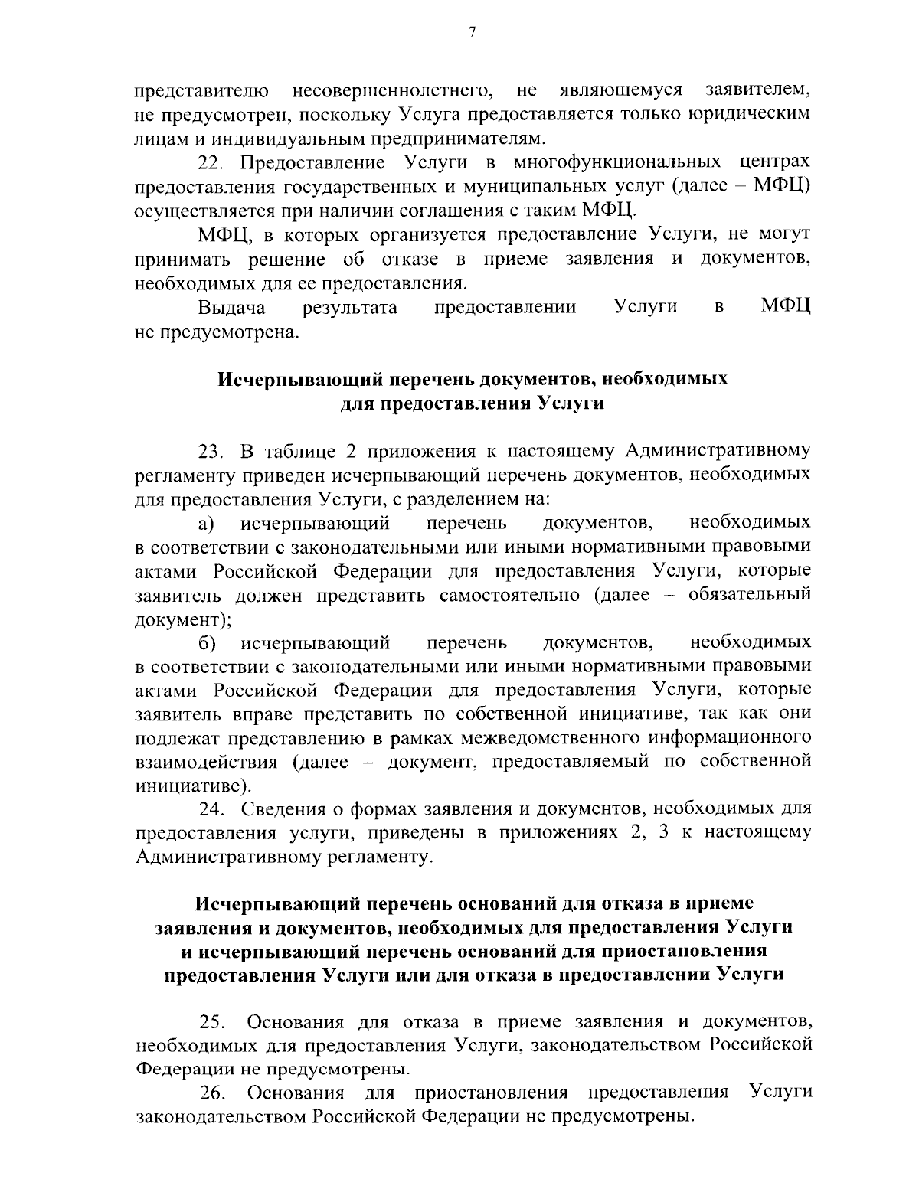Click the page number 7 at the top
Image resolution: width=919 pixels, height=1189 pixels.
(x=473, y=31)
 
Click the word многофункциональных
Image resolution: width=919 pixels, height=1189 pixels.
(x=617, y=163)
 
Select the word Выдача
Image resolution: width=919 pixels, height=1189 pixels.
(x=232, y=308)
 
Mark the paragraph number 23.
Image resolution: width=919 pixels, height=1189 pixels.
(x=212, y=450)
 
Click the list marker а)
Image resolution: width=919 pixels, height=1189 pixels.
(x=206, y=523)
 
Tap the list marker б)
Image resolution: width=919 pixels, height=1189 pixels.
(x=206, y=642)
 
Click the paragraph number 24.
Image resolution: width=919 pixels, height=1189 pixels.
(x=212, y=808)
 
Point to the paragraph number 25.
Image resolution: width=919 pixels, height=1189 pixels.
(x=212, y=1022)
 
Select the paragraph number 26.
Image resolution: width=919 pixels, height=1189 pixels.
(x=212, y=1092)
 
